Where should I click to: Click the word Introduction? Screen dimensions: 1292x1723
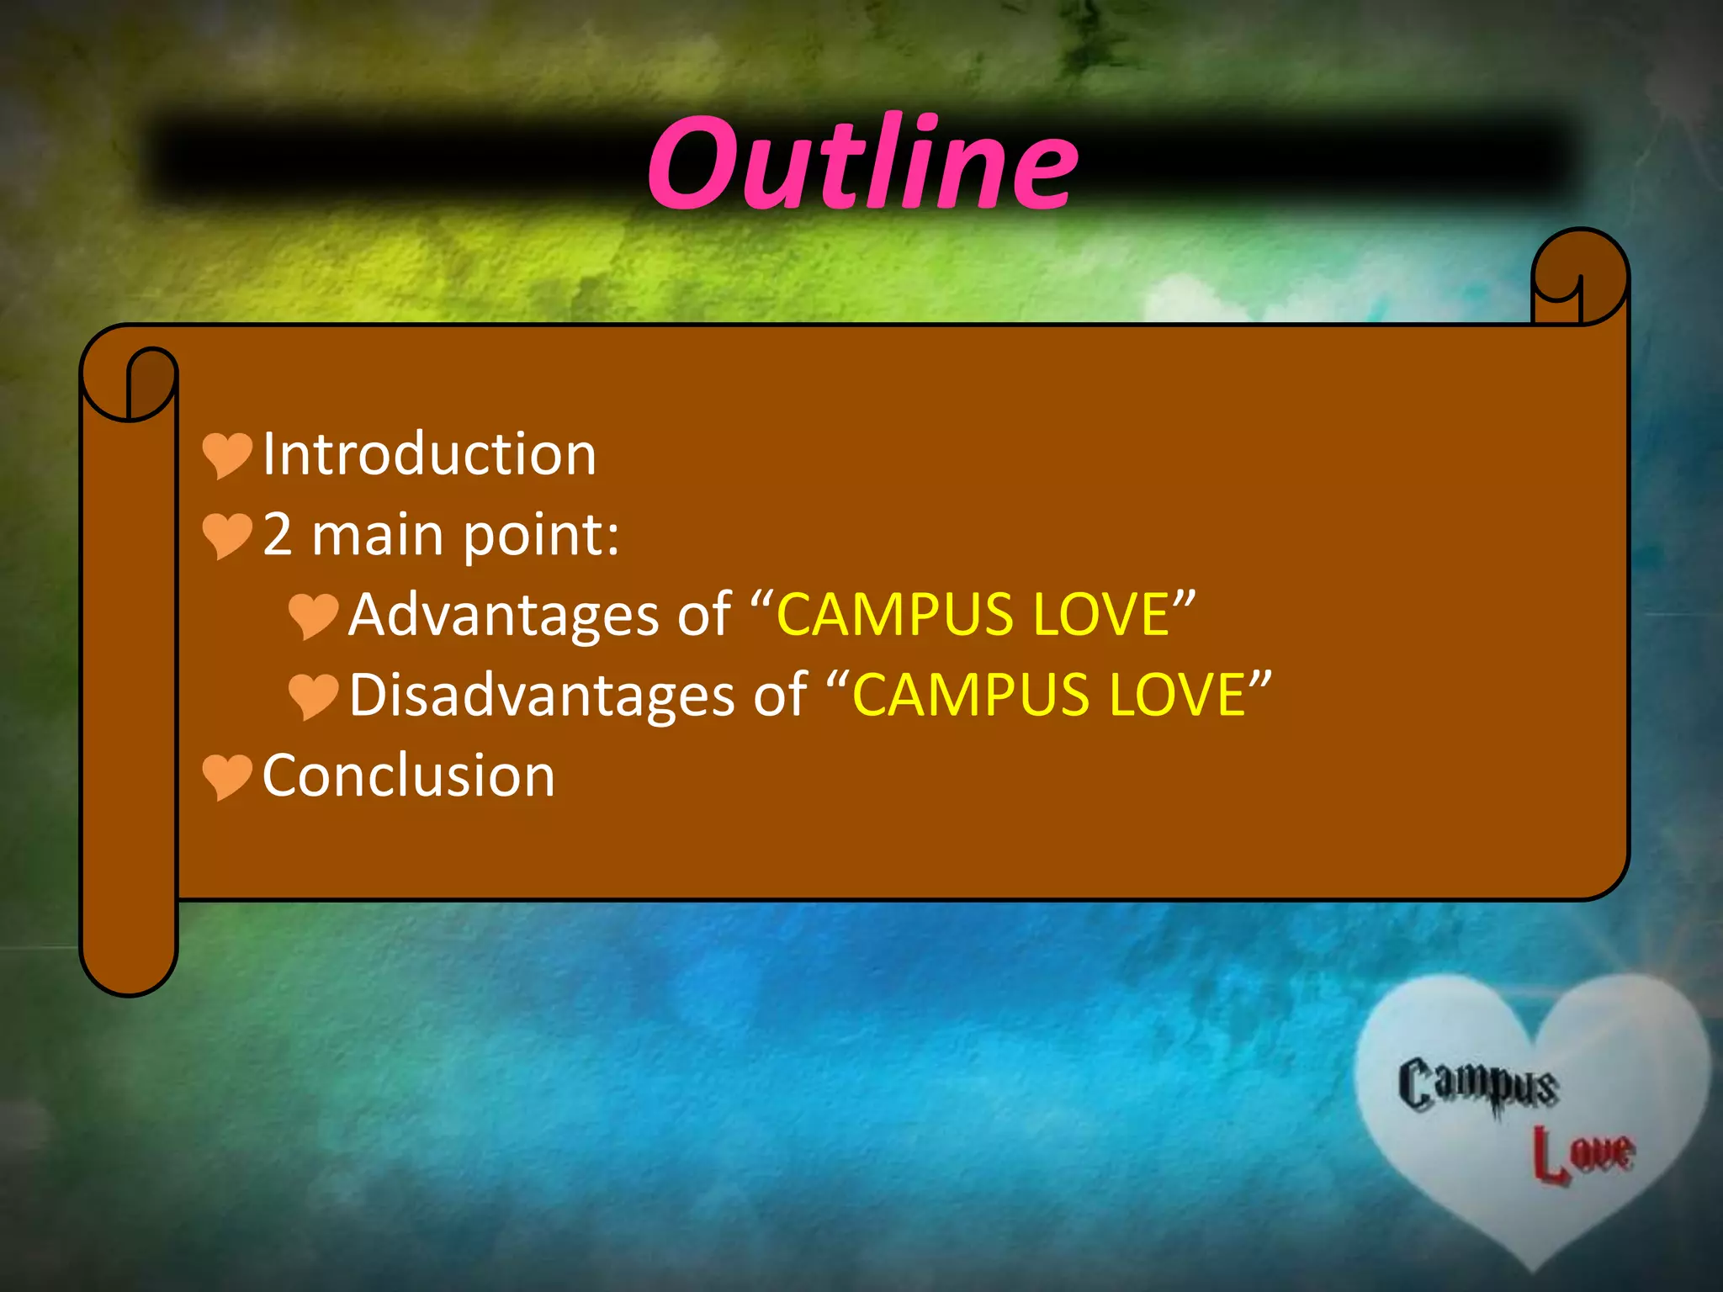(x=429, y=454)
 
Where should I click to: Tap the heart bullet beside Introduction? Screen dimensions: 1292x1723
(x=226, y=454)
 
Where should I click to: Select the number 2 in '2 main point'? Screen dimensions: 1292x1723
(x=278, y=535)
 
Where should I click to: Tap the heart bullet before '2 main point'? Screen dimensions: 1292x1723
(x=226, y=535)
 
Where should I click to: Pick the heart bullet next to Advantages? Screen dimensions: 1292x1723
(x=312, y=615)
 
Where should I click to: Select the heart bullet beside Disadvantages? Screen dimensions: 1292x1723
(x=312, y=696)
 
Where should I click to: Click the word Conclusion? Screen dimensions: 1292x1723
(x=409, y=776)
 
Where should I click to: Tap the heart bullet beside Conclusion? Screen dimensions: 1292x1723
(x=226, y=776)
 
